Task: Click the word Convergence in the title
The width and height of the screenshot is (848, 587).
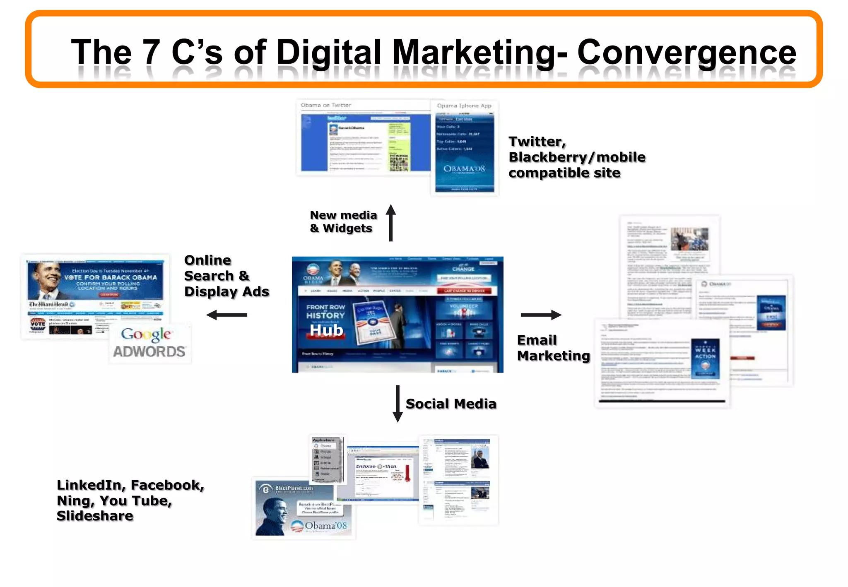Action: pos(686,53)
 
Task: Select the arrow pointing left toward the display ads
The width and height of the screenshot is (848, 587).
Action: pos(226,315)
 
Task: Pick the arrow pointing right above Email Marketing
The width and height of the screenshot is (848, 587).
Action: pos(541,315)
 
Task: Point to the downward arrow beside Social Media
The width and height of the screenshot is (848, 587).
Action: pos(397,404)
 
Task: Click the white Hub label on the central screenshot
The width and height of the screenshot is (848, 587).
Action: pos(326,330)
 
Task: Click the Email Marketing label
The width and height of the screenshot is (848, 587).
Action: pos(553,348)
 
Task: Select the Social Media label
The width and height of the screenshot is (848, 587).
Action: pos(451,404)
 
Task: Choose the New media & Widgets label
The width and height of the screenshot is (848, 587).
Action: pos(343,221)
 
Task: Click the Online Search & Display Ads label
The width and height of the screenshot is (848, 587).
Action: pos(226,276)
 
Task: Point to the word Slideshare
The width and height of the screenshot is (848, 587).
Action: pos(95,516)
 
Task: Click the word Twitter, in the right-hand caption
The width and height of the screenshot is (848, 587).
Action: pos(537,142)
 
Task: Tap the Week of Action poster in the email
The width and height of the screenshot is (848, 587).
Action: pos(705,358)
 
